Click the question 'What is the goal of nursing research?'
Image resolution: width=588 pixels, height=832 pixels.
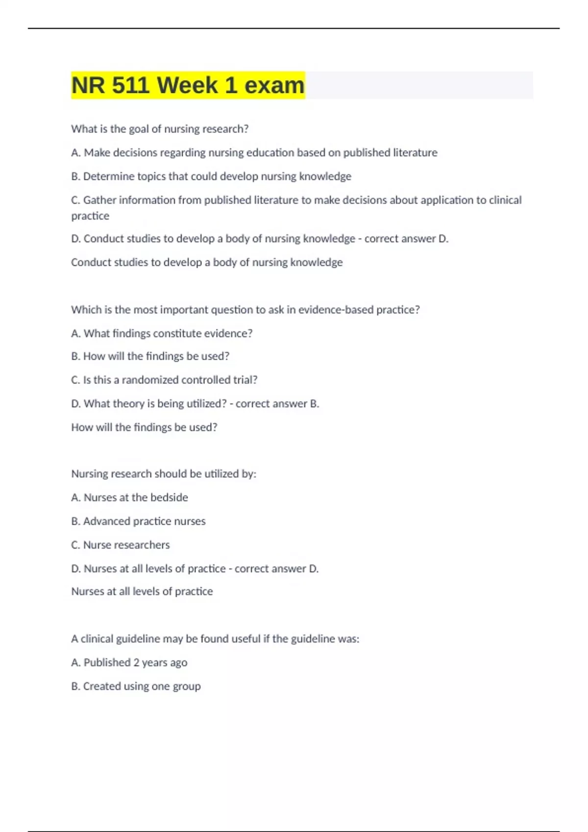[160, 129]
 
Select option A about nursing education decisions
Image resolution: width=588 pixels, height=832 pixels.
[254, 153]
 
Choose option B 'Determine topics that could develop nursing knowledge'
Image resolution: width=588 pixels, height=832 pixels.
[211, 176]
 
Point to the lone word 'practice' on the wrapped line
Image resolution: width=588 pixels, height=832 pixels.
[90, 216]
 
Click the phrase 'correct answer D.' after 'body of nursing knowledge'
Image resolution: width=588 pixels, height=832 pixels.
[406, 239]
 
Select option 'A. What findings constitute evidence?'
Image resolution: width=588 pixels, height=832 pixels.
[162, 333]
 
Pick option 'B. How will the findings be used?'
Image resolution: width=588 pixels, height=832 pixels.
[150, 356]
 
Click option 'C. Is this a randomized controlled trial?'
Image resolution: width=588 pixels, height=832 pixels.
[164, 380]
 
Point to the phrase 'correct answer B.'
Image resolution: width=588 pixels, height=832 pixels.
[277, 404]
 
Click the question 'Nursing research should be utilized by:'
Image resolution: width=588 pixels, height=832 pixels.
[164, 474]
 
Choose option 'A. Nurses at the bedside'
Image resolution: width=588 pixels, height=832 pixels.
[129, 497]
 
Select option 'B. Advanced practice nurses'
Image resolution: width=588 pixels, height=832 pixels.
[138, 521]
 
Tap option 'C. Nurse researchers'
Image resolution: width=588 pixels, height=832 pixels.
[121, 545]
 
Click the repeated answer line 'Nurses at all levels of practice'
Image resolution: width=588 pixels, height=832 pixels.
[142, 591]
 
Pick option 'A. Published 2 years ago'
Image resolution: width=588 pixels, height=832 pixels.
[129, 663]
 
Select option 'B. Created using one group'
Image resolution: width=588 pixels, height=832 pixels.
[136, 686]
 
